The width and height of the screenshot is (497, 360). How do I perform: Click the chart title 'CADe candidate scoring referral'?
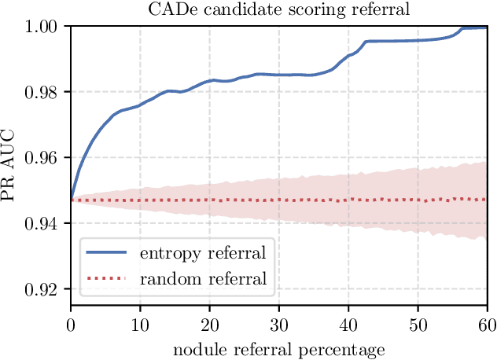pos(279,9)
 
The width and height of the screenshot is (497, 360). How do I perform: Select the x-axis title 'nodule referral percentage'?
pos(279,347)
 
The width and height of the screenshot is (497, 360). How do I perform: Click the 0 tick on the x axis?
pos(71,322)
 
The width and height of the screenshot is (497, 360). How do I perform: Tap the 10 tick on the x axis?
pos(140,322)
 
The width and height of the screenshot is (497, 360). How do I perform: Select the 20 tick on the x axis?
pos(209,322)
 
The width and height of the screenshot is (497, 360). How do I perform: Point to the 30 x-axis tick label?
pos(279,322)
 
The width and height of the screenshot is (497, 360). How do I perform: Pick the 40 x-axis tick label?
pos(348,322)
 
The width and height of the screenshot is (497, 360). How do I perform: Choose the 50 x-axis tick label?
pos(418,322)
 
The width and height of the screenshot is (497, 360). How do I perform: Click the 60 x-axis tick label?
pos(487,322)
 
